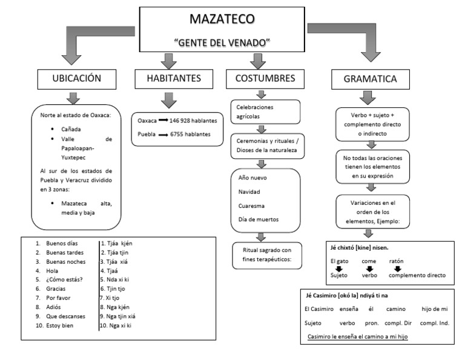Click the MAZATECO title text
coord(222,19)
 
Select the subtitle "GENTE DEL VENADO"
coord(222,43)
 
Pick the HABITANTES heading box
coord(173,78)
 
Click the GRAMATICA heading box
coord(370,79)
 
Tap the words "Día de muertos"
coord(259,219)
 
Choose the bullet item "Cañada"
coord(70,129)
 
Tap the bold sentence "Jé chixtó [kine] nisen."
coord(359,247)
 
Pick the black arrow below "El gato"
coord(340,268)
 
